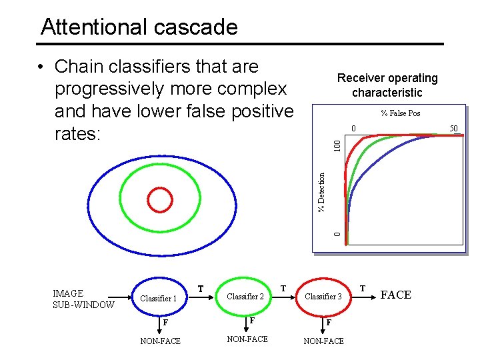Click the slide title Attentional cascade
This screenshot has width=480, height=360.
(x=139, y=27)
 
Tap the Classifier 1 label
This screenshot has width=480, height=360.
(x=158, y=298)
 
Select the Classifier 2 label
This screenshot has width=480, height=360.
(x=245, y=296)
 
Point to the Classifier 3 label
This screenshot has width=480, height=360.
(x=323, y=296)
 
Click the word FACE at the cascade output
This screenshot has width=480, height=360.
(x=395, y=295)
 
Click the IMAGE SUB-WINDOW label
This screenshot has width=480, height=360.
(x=83, y=299)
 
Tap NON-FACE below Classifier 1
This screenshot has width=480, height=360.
(x=160, y=341)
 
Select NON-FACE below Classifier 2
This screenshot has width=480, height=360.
(x=247, y=339)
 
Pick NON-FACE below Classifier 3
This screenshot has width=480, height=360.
(x=323, y=341)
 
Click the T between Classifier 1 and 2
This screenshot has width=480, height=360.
(x=201, y=289)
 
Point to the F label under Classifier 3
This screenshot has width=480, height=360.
(x=329, y=322)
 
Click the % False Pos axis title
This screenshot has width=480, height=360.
(x=401, y=113)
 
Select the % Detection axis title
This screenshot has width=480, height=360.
(x=322, y=193)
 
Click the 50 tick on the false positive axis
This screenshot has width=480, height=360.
(x=453, y=128)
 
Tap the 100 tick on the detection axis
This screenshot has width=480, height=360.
(x=337, y=143)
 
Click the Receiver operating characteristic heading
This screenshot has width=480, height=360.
(x=387, y=85)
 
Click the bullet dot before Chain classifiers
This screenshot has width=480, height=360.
(x=41, y=67)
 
